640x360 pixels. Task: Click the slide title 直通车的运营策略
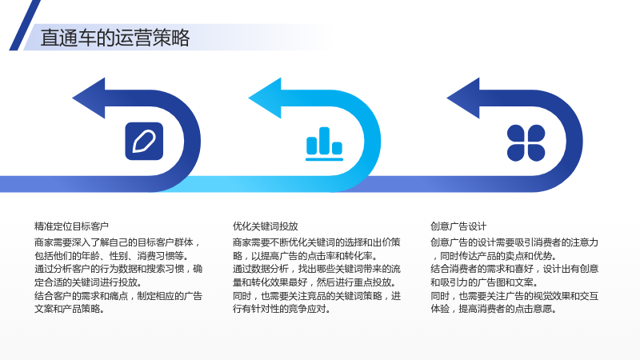coord(115,38)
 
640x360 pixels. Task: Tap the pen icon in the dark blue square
coord(144,142)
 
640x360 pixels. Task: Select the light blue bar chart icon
coord(325,144)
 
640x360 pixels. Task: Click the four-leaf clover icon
coord(526,143)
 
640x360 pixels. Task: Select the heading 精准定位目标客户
coord(71,226)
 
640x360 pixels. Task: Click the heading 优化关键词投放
coord(266,226)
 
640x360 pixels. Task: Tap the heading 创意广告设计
coord(458,226)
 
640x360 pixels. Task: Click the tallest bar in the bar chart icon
coord(325,141)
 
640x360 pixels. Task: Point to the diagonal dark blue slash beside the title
coord(25,25)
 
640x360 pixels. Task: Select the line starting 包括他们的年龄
coord(112,256)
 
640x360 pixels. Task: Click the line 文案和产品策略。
coord(70,309)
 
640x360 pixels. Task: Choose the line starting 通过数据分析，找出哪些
coord(317,269)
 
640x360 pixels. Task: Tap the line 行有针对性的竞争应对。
coord(282,309)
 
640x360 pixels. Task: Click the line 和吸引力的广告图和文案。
coord(485,282)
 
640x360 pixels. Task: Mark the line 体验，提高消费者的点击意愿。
coord(494,309)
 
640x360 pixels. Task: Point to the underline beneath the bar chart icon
coord(325,159)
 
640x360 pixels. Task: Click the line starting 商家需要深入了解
coord(118,242)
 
